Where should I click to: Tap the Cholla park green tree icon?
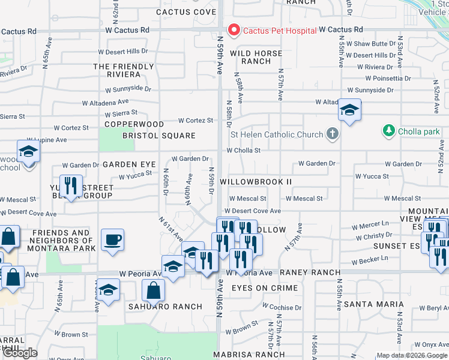coord(389,130)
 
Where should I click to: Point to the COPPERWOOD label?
coord(134,124)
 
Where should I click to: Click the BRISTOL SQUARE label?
coord(159,136)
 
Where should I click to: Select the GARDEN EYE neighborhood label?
coord(129,164)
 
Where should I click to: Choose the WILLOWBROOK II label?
coord(256,181)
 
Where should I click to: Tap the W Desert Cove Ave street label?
coord(253,211)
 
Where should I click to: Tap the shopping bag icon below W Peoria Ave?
coord(154,290)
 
